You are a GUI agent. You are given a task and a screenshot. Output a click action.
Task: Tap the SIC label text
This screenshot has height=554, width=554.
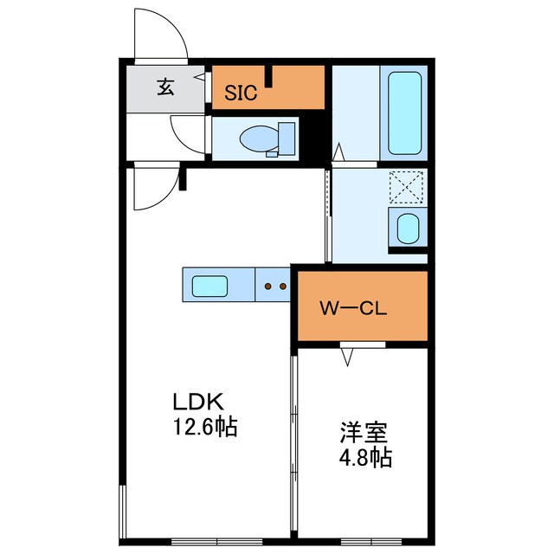point(241,93)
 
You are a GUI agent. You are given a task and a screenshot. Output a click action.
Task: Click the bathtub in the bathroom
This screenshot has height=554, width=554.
point(404,114)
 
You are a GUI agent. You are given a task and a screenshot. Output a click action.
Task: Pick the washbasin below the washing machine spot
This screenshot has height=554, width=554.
point(405,229)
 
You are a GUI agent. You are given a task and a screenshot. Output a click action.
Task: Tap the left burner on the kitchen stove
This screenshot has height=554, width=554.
point(268,285)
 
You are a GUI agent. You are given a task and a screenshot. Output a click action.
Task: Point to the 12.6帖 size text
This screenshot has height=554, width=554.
point(205,427)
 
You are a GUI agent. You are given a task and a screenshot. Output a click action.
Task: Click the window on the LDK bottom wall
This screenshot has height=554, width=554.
point(204,540)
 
